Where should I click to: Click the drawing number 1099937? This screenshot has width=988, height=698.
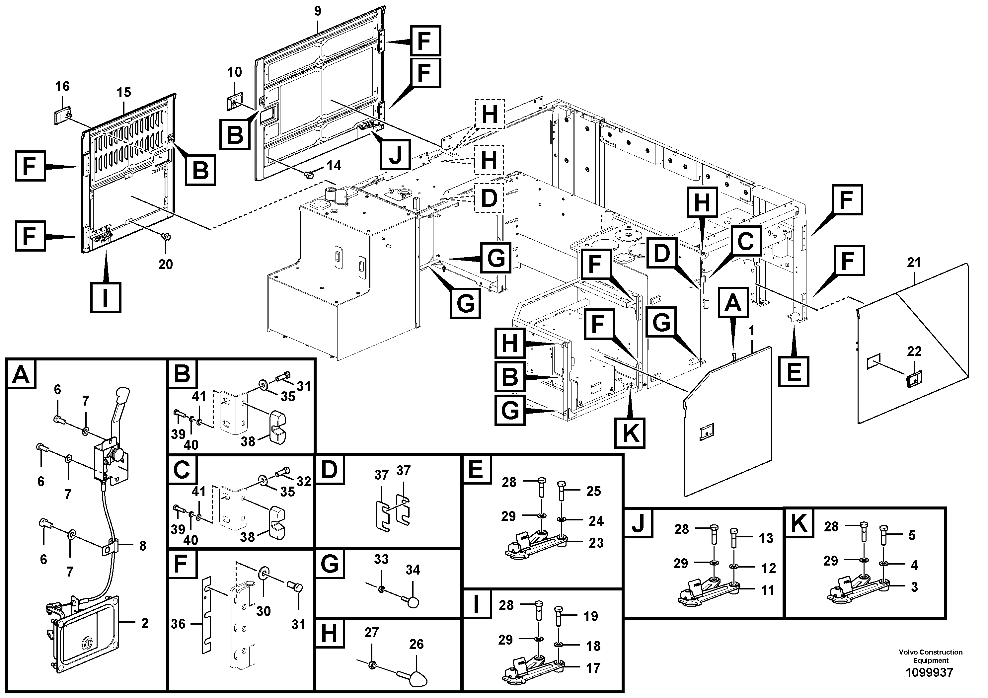pyautogui.click(x=930, y=672)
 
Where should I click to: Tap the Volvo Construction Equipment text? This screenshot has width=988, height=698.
pyautogui.click(x=930, y=656)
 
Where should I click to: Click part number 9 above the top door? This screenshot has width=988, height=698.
pyautogui.click(x=318, y=11)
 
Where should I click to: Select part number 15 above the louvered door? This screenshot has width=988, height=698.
pyautogui.click(x=123, y=92)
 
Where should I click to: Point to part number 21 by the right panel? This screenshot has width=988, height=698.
pyautogui.click(x=914, y=262)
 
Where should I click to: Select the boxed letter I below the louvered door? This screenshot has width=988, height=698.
pyautogui.click(x=106, y=297)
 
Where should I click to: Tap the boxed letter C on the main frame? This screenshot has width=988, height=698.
pyautogui.click(x=746, y=241)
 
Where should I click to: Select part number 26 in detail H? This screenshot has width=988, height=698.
pyautogui.click(x=416, y=644)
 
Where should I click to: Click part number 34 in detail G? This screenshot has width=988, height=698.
pyautogui.click(x=413, y=570)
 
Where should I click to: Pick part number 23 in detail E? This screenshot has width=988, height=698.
pyautogui.click(x=596, y=543)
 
